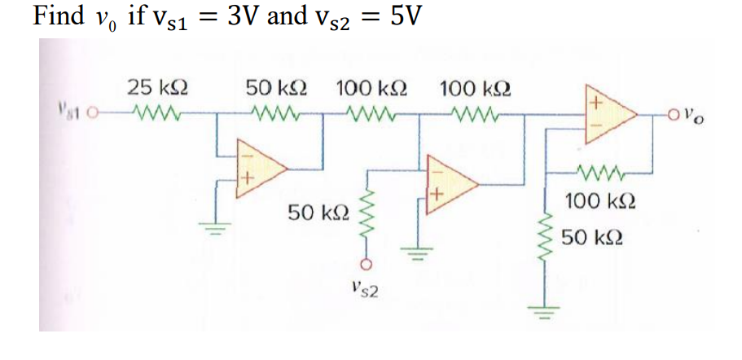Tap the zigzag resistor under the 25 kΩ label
(152, 112)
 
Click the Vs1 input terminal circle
(96, 112)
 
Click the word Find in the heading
(56, 17)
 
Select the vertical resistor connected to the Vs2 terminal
(367, 216)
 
